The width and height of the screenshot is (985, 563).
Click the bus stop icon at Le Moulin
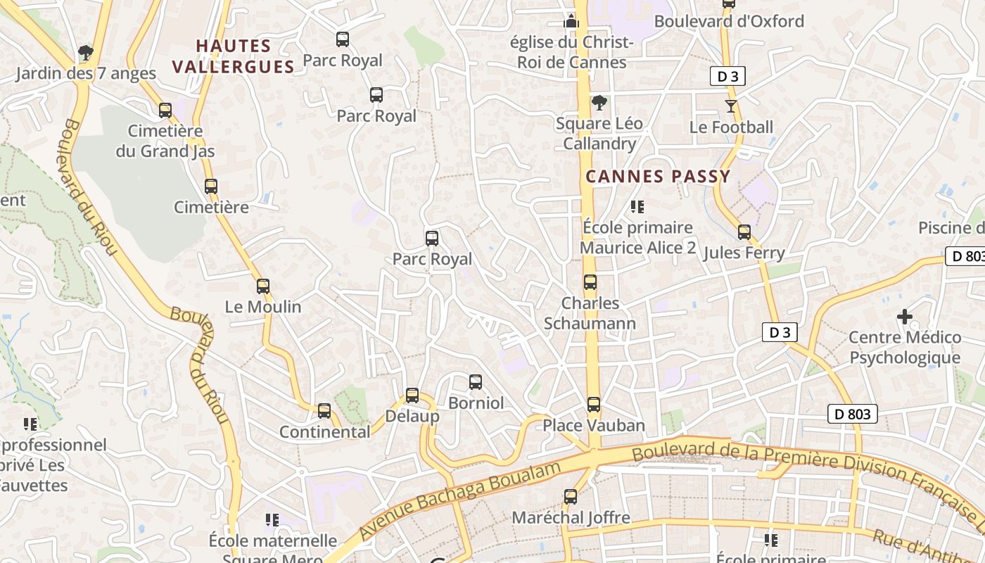[x=263, y=286]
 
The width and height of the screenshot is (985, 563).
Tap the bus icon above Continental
[x=324, y=410]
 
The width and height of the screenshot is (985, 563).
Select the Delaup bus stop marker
[x=412, y=396]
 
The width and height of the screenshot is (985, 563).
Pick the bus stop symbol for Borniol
[x=476, y=382]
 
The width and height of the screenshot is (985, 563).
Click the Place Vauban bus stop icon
[x=594, y=405]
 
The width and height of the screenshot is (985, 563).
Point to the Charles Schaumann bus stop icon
[x=590, y=282]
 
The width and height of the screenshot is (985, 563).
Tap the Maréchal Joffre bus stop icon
[x=571, y=497]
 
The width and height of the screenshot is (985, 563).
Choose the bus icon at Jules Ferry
[x=744, y=232]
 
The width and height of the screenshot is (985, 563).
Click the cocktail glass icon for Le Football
[x=731, y=106]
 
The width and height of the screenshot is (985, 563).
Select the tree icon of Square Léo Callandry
[x=599, y=103]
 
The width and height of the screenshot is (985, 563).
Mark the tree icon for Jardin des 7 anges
[x=85, y=52]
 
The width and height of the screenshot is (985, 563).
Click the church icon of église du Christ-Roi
[x=571, y=21]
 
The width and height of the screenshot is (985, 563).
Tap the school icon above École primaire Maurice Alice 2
[x=637, y=207]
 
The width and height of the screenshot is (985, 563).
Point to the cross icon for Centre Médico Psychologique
[x=905, y=317]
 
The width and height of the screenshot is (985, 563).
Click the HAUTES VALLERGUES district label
[x=233, y=56]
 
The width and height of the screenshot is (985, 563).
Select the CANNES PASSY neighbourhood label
[x=658, y=177]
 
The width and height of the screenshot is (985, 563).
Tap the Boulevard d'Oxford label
[x=729, y=21]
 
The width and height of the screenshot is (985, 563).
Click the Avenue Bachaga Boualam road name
[x=460, y=501]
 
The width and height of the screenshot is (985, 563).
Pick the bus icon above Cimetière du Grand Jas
[x=165, y=110]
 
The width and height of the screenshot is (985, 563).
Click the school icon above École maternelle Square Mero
[x=272, y=520]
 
